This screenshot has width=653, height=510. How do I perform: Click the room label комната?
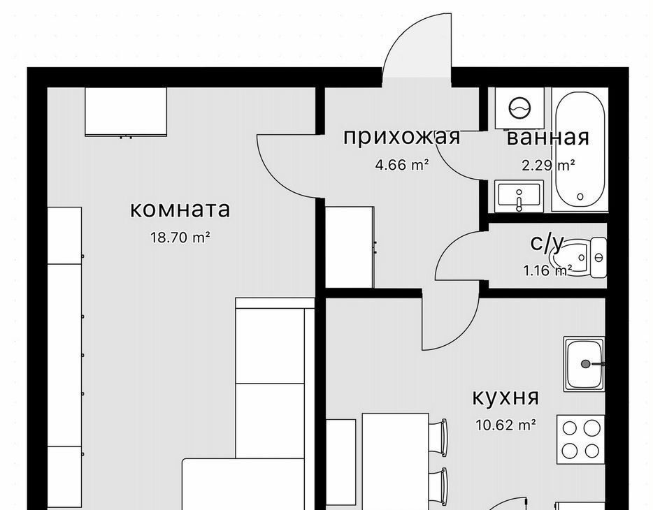click(x=180, y=210)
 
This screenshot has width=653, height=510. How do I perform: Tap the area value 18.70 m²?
click(x=180, y=238)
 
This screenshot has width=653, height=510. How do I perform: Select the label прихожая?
click(x=401, y=137)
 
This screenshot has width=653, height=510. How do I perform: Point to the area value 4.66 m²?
click(x=402, y=165)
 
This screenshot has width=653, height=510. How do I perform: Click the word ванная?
click(x=548, y=138)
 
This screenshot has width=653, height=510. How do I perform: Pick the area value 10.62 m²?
click(x=505, y=425)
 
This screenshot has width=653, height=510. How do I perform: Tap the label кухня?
click(x=505, y=398)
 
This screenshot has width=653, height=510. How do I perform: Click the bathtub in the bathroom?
click(x=580, y=149)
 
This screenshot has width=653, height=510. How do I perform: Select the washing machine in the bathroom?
click(x=519, y=108)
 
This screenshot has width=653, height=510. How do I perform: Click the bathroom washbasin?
click(x=519, y=196)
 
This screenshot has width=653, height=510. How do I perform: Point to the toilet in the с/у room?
click(x=579, y=258)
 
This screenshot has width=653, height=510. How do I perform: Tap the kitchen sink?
click(x=584, y=364)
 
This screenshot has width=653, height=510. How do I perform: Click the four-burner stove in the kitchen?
click(x=580, y=439)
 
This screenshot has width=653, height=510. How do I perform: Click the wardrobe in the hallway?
click(x=350, y=247)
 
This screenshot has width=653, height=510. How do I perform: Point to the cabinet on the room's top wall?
click(x=126, y=112)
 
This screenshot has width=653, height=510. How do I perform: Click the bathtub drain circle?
click(x=580, y=196)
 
